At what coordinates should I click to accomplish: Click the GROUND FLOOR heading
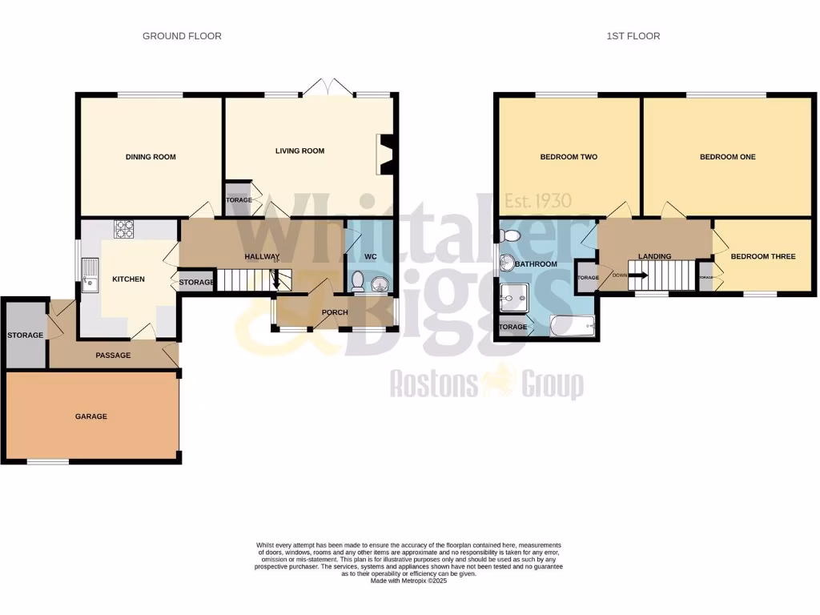[x=182, y=36]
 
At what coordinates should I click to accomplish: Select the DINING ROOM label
[x=151, y=157]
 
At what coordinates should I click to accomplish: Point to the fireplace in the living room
[x=384, y=154]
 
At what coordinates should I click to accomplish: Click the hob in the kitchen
[x=125, y=230]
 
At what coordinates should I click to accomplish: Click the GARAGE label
[x=91, y=416]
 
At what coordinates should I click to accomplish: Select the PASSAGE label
[x=113, y=356]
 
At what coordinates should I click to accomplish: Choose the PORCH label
[x=335, y=312]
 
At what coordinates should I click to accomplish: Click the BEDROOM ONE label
[x=727, y=157]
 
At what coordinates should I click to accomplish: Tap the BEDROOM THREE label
[x=762, y=256]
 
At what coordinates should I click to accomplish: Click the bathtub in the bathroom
[x=573, y=325]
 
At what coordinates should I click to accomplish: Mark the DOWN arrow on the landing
[x=637, y=275]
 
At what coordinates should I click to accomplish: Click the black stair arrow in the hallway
[x=278, y=280]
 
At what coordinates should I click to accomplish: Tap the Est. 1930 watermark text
[x=543, y=201]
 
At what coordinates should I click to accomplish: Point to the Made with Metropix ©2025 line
[x=408, y=581]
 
